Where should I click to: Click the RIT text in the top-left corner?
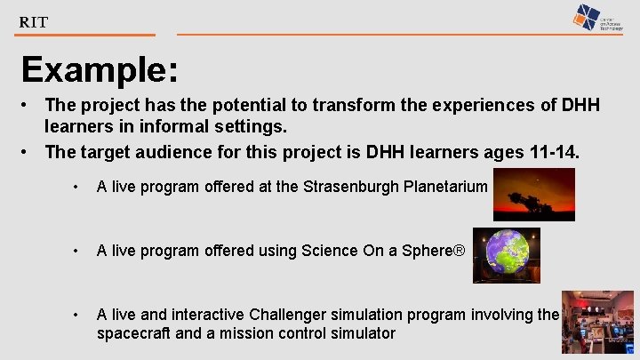[x=34, y=22]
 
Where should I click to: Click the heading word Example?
[x=99, y=70]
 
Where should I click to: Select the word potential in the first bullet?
[x=234, y=106]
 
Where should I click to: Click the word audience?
[x=163, y=152]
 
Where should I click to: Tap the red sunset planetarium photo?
[x=534, y=195]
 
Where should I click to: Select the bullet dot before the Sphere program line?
[x=77, y=252]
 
